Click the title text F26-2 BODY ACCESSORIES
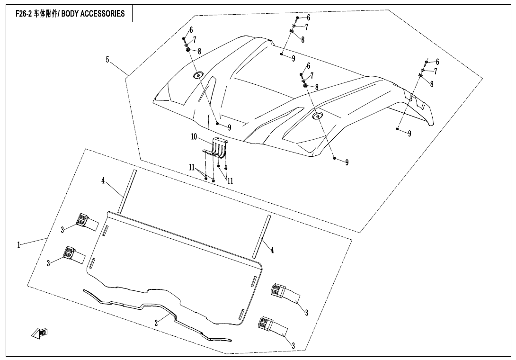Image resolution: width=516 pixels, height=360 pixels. (67, 13)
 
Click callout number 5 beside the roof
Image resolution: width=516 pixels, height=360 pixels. (107, 60)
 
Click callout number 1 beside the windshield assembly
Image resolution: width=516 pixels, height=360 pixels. (19, 245)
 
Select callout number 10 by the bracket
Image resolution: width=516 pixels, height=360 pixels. (194, 137)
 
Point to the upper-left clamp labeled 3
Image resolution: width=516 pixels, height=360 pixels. (83, 221)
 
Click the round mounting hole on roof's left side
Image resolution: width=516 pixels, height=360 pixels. (197, 75)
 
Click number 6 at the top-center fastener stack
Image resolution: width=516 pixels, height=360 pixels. (308, 18)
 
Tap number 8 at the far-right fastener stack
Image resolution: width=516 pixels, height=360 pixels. (432, 84)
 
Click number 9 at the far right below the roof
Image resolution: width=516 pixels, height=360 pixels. (409, 134)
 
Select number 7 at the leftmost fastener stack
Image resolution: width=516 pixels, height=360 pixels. (195, 40)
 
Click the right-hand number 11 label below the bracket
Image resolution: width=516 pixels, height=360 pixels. (231, 181)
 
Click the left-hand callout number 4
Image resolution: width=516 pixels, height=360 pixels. (103, 180)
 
